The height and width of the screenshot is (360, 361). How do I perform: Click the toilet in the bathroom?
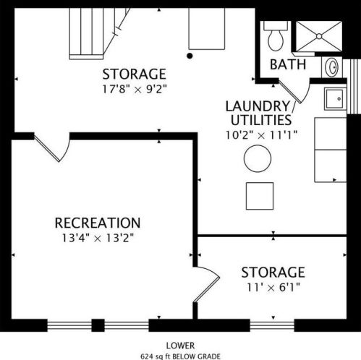(x=276, y=36)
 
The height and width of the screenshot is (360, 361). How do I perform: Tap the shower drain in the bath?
(x=319, y=36)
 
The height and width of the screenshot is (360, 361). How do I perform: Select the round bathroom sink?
(x=332, y=67)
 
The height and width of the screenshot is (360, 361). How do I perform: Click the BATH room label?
(x=288, y=64)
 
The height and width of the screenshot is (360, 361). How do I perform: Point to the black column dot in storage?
(x=190, y=56)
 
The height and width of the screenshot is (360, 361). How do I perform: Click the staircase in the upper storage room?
(x=99, y=33)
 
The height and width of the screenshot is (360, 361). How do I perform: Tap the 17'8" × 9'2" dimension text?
(x=135, y=90)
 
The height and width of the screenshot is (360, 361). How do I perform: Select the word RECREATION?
(x=98, y=223)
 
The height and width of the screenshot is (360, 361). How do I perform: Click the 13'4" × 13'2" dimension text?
(x=98, y=239)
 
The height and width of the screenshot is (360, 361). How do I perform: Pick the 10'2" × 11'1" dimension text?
(x=261, y=135)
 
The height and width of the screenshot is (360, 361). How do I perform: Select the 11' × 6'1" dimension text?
(x=273, y=287)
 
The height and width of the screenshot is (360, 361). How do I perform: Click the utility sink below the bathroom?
(x=334, y=99)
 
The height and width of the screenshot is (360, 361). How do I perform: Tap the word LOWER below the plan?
(x=180, y=346)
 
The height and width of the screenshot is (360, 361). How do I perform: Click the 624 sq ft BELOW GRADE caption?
(x=180, y=356)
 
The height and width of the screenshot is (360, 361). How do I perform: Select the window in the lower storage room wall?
(x=272, y=326)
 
